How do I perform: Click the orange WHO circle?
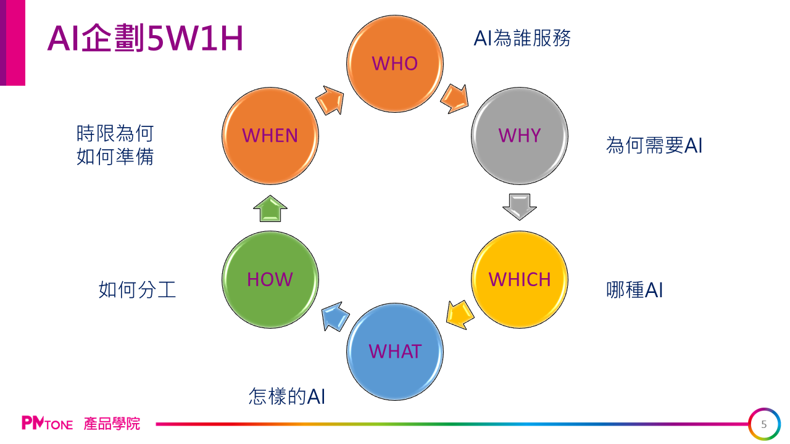(x=395, y=63)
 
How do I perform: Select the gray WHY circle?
(x=519, y=135)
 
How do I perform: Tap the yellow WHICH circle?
(x=519, y=279)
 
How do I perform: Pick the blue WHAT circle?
(x=395, y=351)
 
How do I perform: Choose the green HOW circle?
(x=270, y=279)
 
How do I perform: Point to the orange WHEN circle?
(x=270, y=135)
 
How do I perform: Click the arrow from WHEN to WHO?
(x=330, y=99)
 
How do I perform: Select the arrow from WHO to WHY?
(x=454, y=98)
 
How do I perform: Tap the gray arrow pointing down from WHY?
(x=519, y=207)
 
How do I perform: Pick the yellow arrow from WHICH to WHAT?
(x=460, y=314)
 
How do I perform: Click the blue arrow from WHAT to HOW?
(x=334, y=316)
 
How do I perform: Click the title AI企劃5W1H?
(x=146, y=38)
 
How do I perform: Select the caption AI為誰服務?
(x=522, y=38)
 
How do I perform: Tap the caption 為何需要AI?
(x=654, y=146)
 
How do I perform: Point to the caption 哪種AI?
(x=634, y=290)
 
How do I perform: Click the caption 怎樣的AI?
(x=286, y=396)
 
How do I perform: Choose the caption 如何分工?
(x=137, y=290)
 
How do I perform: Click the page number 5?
(x=764, y=424)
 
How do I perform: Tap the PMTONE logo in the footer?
(x=48, y=424)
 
